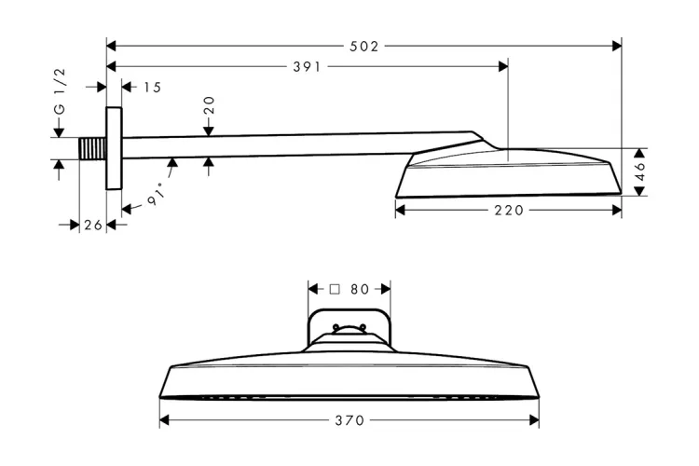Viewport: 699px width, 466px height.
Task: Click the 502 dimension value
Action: [x=364, y=46]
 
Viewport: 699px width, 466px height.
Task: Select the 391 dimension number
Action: [x=307, y=66]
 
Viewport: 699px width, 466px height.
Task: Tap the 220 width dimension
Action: [x=509, y=211]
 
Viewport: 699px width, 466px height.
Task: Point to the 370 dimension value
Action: [x=349, y=421]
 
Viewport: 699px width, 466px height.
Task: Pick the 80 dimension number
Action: [x=361, y=290]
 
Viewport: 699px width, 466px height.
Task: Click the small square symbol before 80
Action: [x=336, y=290]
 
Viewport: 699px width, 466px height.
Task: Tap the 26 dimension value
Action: [x=92, y=225]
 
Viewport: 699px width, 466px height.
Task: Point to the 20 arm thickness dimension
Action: [x=210, y=105]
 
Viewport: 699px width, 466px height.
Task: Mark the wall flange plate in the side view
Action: [x=114, y=149]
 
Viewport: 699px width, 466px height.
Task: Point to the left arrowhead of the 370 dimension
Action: [x=165, y=421]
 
